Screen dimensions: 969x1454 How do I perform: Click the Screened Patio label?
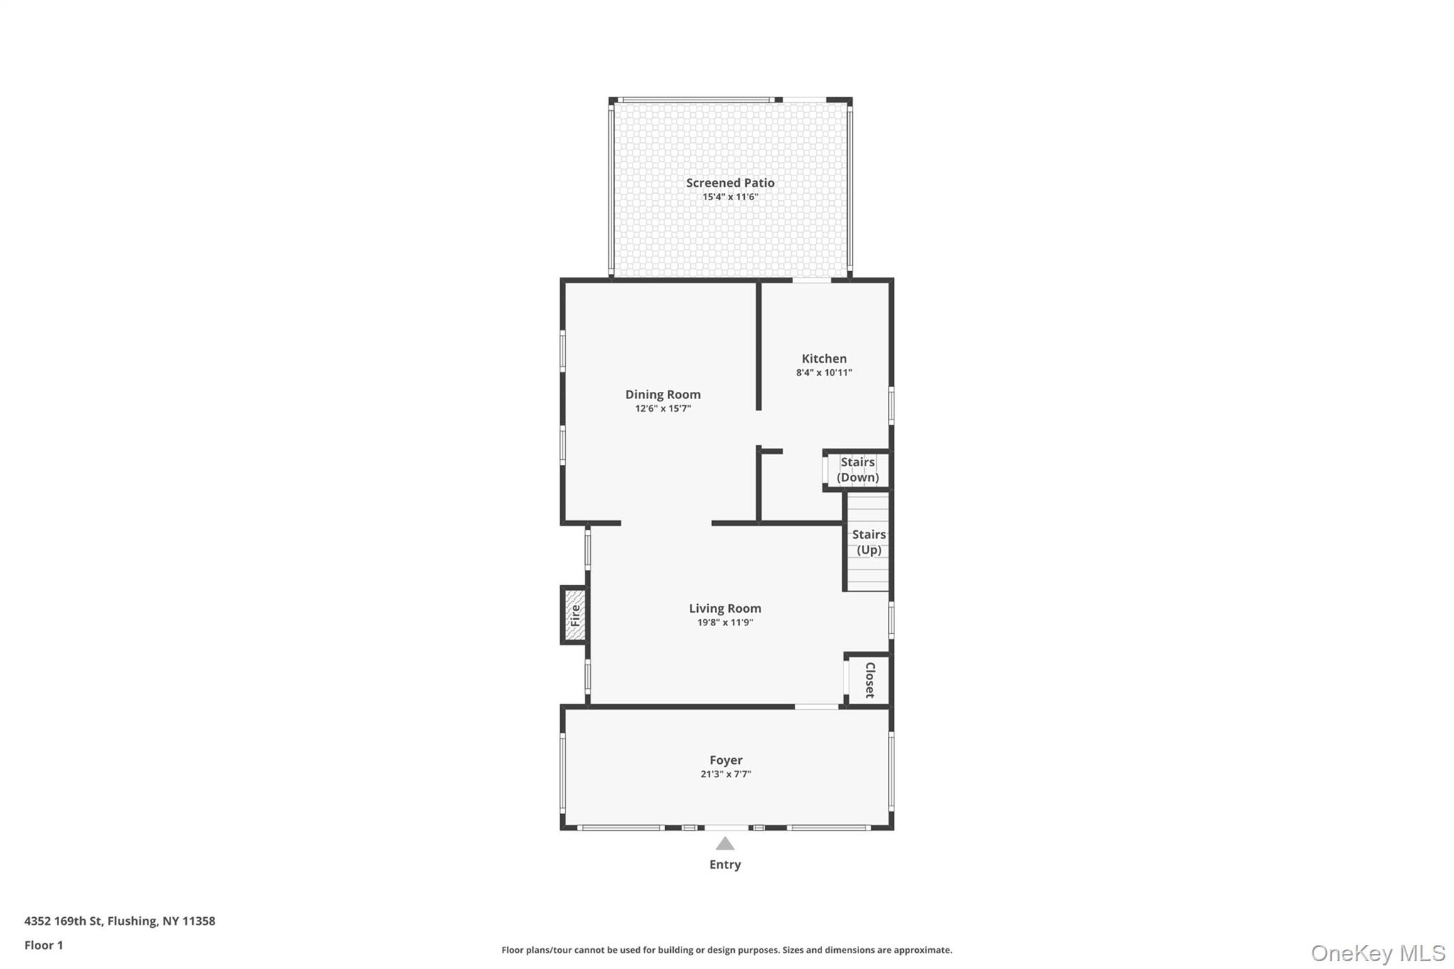pos(730,182)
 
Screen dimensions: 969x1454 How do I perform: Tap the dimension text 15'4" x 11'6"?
pos(730,197)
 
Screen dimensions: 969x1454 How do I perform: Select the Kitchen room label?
pos(824,358)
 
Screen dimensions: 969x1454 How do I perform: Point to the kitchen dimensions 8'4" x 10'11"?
pos(824,373)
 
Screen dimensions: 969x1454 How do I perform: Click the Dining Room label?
pos(662,395)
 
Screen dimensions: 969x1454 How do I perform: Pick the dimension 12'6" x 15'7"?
pos(662,409)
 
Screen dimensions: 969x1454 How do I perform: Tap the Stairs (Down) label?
pos(858,469)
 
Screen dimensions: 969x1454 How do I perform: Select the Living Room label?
pos(725,608)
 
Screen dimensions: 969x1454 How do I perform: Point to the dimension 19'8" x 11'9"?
pos(725,623)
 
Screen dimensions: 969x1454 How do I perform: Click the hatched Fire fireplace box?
pos(574,615)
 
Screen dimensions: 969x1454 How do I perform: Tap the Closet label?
pos(870,679)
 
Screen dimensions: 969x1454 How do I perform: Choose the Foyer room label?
pos(726,760)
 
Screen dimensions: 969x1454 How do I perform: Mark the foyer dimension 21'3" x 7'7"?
pos(726,774)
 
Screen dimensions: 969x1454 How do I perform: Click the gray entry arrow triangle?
pos(725,844)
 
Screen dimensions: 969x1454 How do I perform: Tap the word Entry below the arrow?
pos(725,865)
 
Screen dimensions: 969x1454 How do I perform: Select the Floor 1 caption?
pos(43,945)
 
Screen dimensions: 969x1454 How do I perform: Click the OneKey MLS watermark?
pos(1377,953)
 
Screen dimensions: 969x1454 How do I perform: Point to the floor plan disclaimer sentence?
pos(726,950)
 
